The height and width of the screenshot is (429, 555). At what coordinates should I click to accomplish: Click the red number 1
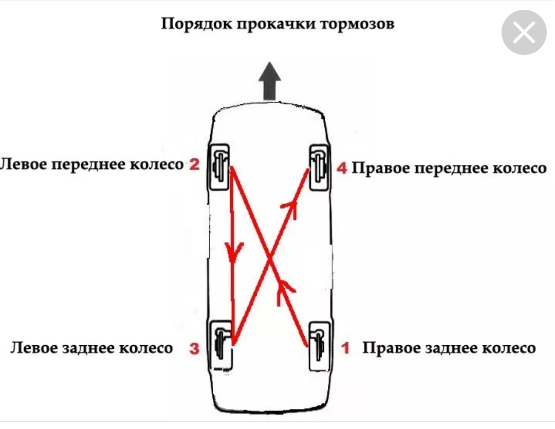click(345, 348)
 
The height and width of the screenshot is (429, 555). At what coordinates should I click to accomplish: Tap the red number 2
click(194, 164)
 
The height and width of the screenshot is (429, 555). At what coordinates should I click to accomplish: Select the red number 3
click(194, 348)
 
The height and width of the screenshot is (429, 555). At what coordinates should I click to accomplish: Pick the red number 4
click(342, 168)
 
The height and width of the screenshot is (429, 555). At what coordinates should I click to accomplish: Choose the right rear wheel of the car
click(318, 345)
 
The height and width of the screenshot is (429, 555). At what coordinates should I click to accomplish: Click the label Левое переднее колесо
click(92, 164)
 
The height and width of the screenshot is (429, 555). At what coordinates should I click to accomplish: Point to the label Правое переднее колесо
click(449, 169)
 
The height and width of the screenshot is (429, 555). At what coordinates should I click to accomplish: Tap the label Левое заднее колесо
click(91, 348)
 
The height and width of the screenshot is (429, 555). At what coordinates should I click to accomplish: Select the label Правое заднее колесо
click(449, 348)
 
